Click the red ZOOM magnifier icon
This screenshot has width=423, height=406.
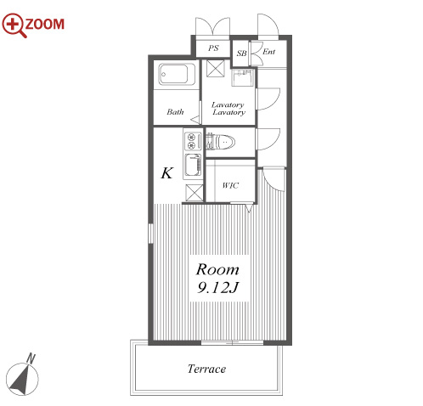tap(14, 25)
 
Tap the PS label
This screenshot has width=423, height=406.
tap(213, 48)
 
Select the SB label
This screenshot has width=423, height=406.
tap(241, 53)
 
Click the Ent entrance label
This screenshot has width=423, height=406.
tap(268, 52)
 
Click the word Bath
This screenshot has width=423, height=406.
tap(175, 112)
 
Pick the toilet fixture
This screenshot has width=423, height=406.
tap(220, 142)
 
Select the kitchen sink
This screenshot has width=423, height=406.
tap(193, 165)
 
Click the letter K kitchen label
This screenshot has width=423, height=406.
tap(167, 172)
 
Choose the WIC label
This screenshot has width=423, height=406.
tap(230, 185)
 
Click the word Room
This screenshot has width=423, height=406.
tap(217, 269)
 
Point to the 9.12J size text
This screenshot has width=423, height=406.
tap(217, 288)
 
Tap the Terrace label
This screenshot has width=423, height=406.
tap(206, 369)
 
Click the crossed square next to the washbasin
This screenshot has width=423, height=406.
tap(216, 68)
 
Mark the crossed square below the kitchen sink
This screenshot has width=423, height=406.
tap(195, 193)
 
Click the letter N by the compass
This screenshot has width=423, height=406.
tap(31, 358)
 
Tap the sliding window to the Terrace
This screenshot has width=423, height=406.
tap(232, 342)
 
